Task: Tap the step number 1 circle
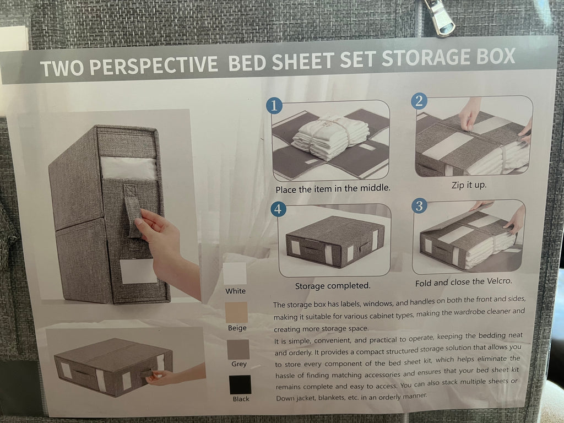[274, 106]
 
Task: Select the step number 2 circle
[420, 101]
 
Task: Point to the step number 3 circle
[420, 206]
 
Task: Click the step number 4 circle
[279, 209]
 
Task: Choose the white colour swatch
[235, 273]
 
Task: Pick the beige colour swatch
[236, 312]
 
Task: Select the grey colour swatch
[238, 349]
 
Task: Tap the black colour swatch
[240, 384]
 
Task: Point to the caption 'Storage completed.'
[333, 286]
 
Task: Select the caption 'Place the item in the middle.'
[333, 188]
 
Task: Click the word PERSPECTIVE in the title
[153, 66]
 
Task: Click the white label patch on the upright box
[138, 272]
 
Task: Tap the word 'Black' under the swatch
[241, 399]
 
